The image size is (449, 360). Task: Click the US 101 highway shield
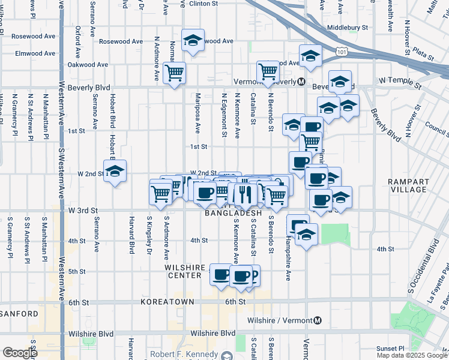[x=342, y=53]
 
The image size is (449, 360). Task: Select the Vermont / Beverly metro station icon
[x=301, y=81]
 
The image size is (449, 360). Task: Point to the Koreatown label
[x=163, y=302]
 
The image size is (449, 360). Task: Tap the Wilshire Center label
[x=184, y=271]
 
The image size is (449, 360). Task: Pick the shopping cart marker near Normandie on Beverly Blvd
[x=174, y=73]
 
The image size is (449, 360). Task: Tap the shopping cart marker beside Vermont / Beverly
[x=268, y=71]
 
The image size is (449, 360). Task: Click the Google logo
[x=20, y=353]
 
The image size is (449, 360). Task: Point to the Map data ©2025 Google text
[x=412, y=355]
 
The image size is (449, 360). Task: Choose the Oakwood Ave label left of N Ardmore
[x=88, y=65]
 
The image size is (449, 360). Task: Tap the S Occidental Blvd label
[x=430, y=265]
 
